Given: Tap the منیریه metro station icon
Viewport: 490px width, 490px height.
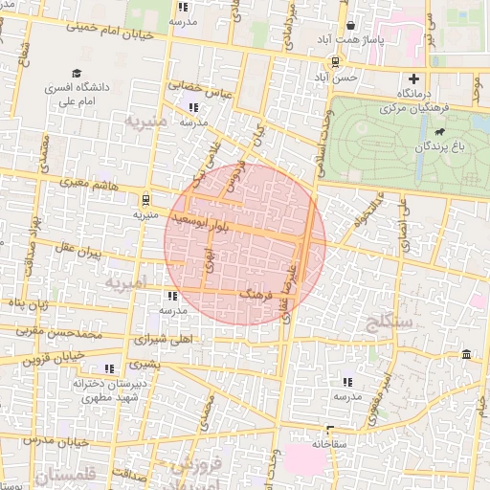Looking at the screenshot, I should click(x=145, y=200).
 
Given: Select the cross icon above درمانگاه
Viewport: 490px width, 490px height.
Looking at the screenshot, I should click(x=413, y=78).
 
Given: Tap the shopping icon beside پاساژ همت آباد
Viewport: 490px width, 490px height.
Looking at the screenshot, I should click(x=350, y=26).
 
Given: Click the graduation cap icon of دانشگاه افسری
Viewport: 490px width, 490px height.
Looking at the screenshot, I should click(x=76, y=74).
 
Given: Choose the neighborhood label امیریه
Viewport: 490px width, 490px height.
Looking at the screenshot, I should click(x=125, y=284).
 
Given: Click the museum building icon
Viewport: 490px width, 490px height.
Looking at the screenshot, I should click(x=466, y=356).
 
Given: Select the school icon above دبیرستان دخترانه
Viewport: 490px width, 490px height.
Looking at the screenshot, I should click(x=109, y=367).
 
